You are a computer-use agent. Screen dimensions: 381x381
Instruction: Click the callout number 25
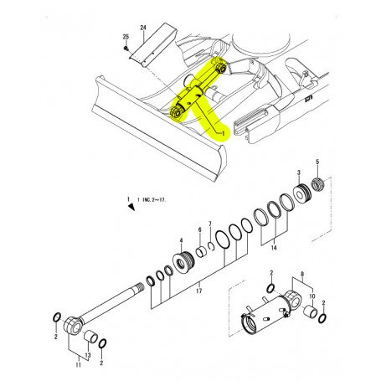126,39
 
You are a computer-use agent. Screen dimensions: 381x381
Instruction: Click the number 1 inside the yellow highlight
223,132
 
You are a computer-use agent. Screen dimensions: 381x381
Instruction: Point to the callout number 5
317,161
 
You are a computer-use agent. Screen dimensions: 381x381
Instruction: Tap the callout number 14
273,250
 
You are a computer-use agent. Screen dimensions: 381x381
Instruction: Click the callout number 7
210,224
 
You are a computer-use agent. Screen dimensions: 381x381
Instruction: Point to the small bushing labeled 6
201,251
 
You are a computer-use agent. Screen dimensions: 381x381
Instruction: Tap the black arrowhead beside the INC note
129,209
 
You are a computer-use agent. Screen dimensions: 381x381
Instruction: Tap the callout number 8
301,274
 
